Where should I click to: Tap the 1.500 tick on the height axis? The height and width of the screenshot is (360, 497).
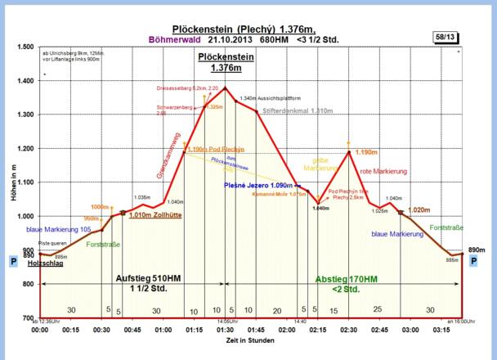pyautogui.click(x=24, y=47)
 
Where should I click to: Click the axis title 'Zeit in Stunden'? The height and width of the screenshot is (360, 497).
pyautogui.click(x=251, y=340)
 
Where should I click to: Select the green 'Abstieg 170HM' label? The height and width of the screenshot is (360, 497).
pyautogui.click(x=347, y=278)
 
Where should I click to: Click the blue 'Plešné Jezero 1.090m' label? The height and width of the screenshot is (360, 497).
pyautogui.click(x=257, y=186)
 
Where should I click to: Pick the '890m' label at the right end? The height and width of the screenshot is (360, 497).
pyautogui.click(x=477, y=249)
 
